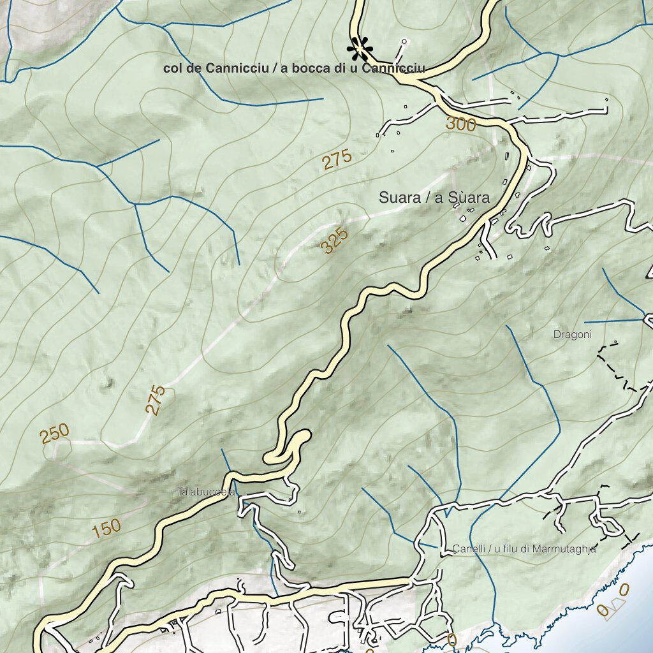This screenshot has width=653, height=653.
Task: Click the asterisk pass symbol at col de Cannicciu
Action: pos(360,48)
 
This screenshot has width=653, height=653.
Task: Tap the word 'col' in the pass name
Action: pos(173,69)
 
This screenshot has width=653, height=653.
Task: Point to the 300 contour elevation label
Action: pos(460,124)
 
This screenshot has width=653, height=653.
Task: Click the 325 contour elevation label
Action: pos(335,241)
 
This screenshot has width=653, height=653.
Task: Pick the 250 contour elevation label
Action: pos(54,434)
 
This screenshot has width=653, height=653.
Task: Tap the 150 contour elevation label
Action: pos(106,529)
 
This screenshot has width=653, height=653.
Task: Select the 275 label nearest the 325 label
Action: pos(337,159)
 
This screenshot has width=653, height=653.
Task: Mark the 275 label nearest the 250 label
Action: pos(156,400)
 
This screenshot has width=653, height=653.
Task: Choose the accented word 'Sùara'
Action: pos(462,198)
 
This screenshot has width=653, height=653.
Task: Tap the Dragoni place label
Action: pos(573,334)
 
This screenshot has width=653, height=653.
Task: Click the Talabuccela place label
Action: pos(207,492)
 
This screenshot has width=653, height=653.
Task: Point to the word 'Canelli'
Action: pos(468,548)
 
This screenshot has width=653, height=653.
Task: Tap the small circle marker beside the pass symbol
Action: pos(404,42)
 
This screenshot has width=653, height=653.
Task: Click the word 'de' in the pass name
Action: pos(193,69)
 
